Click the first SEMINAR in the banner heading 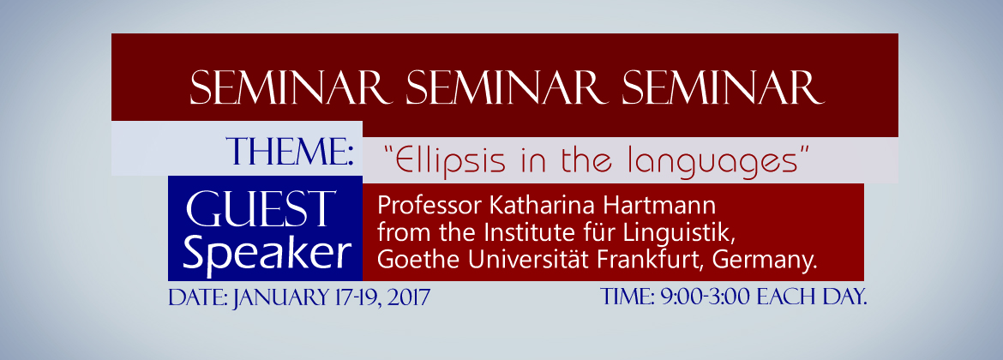pos(291,87)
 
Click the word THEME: pos(291,152)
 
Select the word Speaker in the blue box pos(267,254)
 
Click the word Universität pos(519,261)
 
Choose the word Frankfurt pos(651,261)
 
